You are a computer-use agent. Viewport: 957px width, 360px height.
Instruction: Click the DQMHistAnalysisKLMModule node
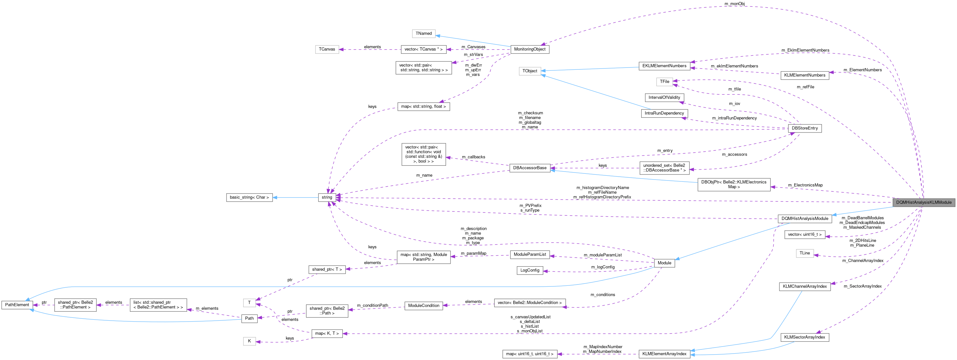[924, 203]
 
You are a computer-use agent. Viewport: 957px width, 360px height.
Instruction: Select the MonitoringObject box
[530, 49]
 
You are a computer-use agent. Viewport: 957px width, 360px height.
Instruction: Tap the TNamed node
[424, 33]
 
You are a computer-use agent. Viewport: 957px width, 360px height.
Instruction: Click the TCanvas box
[327, 49]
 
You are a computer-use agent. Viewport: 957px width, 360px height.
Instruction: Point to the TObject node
[530, 71]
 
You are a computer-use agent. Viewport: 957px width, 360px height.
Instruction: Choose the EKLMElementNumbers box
[664, 66]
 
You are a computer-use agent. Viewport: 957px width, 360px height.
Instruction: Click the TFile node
[664, 81]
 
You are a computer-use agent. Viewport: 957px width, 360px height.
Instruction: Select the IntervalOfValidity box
[664, 97]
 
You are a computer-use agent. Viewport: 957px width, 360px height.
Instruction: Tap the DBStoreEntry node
[805, 128]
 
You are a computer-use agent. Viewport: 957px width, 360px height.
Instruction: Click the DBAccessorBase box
[530, 168]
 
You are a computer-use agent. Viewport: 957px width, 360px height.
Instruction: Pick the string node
[327, 197]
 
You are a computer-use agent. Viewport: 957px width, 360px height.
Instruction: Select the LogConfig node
[530, 270]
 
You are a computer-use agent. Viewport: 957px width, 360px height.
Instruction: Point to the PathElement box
[17, 305]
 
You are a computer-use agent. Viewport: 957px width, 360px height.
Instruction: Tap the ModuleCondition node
[424, 305]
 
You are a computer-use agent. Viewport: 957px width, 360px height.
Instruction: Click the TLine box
[805, 253]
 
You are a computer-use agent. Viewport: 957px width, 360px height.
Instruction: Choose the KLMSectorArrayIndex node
[804, 337]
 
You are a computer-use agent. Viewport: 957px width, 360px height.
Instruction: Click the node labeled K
[249, 341]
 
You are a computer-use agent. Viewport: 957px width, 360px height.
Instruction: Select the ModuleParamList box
[530, 254]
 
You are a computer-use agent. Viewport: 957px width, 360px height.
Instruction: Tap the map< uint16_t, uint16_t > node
[530, 354]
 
